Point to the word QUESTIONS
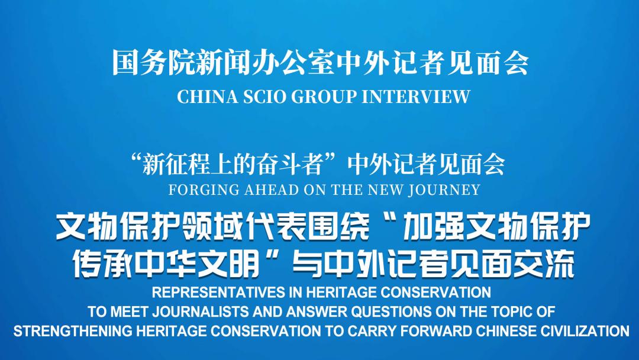pos(392,312)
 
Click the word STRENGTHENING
pos(73,331)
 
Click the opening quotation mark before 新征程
pos(134,159)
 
